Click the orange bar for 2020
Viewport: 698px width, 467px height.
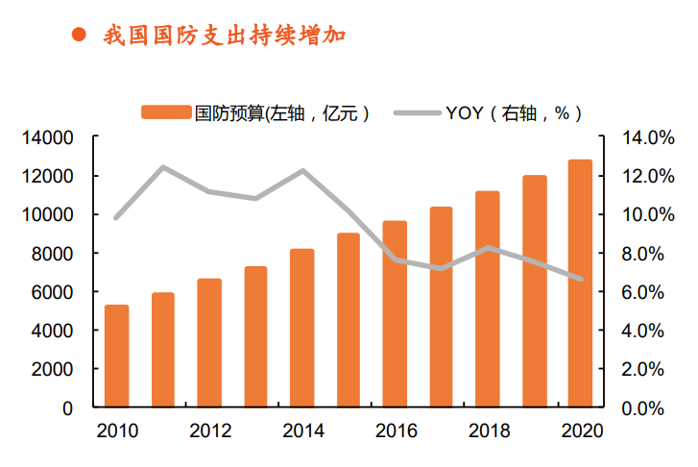click(579, 283)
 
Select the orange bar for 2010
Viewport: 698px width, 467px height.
click(116, 356)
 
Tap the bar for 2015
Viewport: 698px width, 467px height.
click(348, 320)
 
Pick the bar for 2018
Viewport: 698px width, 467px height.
click(487, 299)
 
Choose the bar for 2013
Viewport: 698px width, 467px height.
click(255, 336)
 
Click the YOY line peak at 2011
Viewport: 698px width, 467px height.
click(163, 167)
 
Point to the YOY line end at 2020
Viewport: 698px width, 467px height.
click(579, 279)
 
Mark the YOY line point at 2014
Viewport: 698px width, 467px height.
click(302, 171)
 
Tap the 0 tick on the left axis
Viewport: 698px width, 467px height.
click(67, 407)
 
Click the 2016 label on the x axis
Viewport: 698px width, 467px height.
click(395, 430)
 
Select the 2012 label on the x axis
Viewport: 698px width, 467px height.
click(209, 430)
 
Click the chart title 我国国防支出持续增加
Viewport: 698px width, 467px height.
click(224, 37)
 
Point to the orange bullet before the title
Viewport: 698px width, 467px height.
click(80, 37)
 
